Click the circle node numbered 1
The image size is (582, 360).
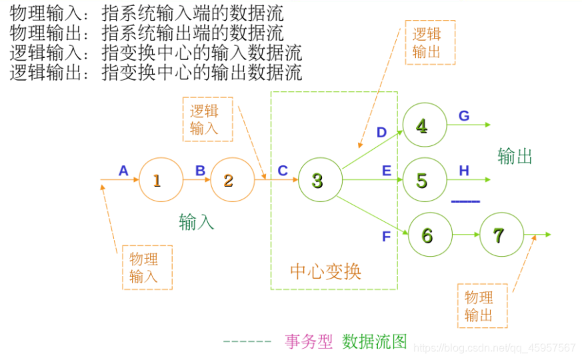coord(161,180)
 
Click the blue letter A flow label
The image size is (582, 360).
coord(123,171)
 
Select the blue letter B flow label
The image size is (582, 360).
coord(200,171)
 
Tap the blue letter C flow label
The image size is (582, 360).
coord(283,171)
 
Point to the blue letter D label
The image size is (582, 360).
coord(381,133)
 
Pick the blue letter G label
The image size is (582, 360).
coord(464,116)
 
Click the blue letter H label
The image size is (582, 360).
coord(464,171)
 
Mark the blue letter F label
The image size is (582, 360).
coord(386,236)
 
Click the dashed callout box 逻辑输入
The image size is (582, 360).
coord(207,120)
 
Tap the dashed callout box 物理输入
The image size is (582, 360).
coord(147,267)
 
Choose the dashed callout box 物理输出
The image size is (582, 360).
coord(481,306)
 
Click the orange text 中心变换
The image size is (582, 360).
coord(325,271)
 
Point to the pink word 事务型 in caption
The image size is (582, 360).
coord(309,342)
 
